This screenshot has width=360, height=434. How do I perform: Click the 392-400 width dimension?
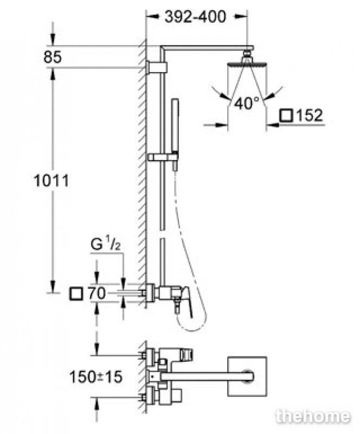click(195, 17)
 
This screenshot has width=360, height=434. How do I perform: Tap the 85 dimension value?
click(53, 58)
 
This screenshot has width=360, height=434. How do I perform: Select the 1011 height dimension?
click(51, 181)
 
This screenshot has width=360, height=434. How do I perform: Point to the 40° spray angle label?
click(246, 103)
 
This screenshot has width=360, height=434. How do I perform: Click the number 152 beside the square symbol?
click(310, 115)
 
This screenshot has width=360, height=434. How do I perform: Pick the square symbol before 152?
click(286, 115)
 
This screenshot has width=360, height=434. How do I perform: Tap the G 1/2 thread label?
click(106, 245)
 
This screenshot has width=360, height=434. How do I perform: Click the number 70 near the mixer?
click(97, 293)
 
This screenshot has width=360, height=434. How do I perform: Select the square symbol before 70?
click(76, 293)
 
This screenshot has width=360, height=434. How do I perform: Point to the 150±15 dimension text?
click(95, 376)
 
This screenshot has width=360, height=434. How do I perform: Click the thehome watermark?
click(313, 416)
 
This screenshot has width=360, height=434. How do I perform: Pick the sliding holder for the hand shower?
click(163, 157)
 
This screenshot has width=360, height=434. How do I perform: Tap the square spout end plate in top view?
click(247, 376)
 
